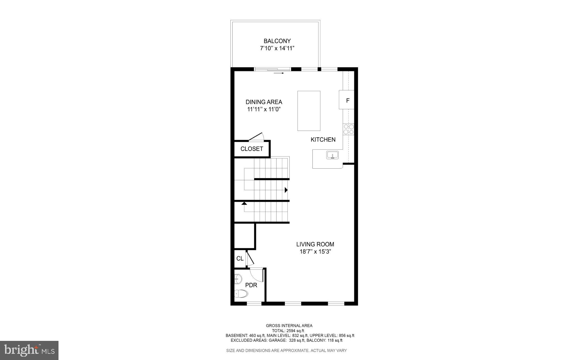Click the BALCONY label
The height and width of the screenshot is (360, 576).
(277, 41)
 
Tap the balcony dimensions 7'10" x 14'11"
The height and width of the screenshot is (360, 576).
(277, 48)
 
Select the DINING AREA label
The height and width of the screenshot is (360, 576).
(264, 102)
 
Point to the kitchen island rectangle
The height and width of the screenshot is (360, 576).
(309, 111)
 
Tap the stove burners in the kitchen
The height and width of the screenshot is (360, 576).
(348, 129)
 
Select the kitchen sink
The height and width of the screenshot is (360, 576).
(332, 155)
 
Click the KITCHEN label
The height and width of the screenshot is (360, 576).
(323, 140)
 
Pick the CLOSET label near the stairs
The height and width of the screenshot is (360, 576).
(252, 149)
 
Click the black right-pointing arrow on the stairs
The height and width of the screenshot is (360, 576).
(286, 190)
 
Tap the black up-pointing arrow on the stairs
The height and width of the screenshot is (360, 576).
(244, 203)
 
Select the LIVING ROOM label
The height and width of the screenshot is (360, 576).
(315, 244)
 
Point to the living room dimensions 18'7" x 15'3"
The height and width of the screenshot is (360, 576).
(315, 252)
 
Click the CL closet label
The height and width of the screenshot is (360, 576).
(240, 258)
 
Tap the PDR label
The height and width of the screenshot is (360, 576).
(251, 285)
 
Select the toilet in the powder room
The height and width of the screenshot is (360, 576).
(241, 294)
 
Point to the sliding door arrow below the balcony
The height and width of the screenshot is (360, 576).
(279, 73)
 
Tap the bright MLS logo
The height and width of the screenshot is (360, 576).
(29, 350)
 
